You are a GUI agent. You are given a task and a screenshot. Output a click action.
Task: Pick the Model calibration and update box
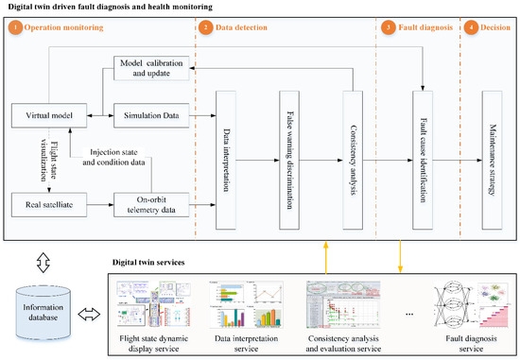point(151,68)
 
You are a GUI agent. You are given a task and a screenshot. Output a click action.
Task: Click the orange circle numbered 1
point(16,27)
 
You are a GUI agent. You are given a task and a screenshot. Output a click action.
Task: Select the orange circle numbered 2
point(206,27)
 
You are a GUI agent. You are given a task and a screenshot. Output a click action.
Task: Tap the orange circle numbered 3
point(389,27)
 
